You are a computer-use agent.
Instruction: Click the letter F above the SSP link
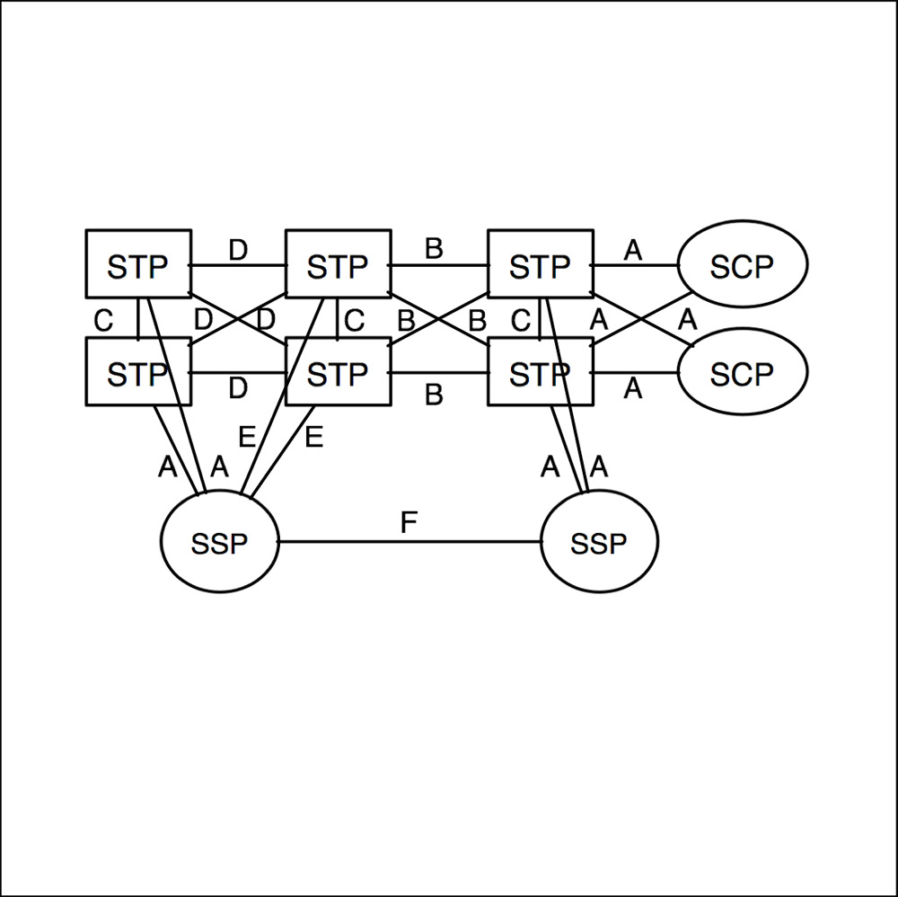click(x=409, y=523)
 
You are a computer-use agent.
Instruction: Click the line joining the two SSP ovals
click(x=409, y=542)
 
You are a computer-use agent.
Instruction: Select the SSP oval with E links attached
click(x=220, y=543)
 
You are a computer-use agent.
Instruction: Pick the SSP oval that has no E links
click(x=599, y=543)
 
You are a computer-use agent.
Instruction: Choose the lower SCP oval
click(x=743, y=373)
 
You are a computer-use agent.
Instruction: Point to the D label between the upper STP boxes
click(x=238, y=250)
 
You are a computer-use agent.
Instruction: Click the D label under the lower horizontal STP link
click(x=238, y=389)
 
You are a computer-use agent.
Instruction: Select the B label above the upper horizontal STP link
click(x=435, y=249)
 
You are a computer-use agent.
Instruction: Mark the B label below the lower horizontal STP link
click(x=435, y=395)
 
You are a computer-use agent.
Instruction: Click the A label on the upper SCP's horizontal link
click(x=633, y=251)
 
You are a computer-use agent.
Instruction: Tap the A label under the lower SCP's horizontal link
click(x=633, y=389)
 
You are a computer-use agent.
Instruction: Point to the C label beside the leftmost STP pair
click(x=103, y=321)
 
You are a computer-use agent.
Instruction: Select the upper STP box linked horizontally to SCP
click(x=539, y=265)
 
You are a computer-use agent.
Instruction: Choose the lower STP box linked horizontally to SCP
click(x=539, y=373)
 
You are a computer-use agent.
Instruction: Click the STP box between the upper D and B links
click(x=338, y=265)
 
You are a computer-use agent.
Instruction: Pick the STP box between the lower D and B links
click(x=338, y=373)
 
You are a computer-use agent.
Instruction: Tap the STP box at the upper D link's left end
click(x=137, y=265)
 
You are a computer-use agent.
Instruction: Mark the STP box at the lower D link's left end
click(x=137, y=373)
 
